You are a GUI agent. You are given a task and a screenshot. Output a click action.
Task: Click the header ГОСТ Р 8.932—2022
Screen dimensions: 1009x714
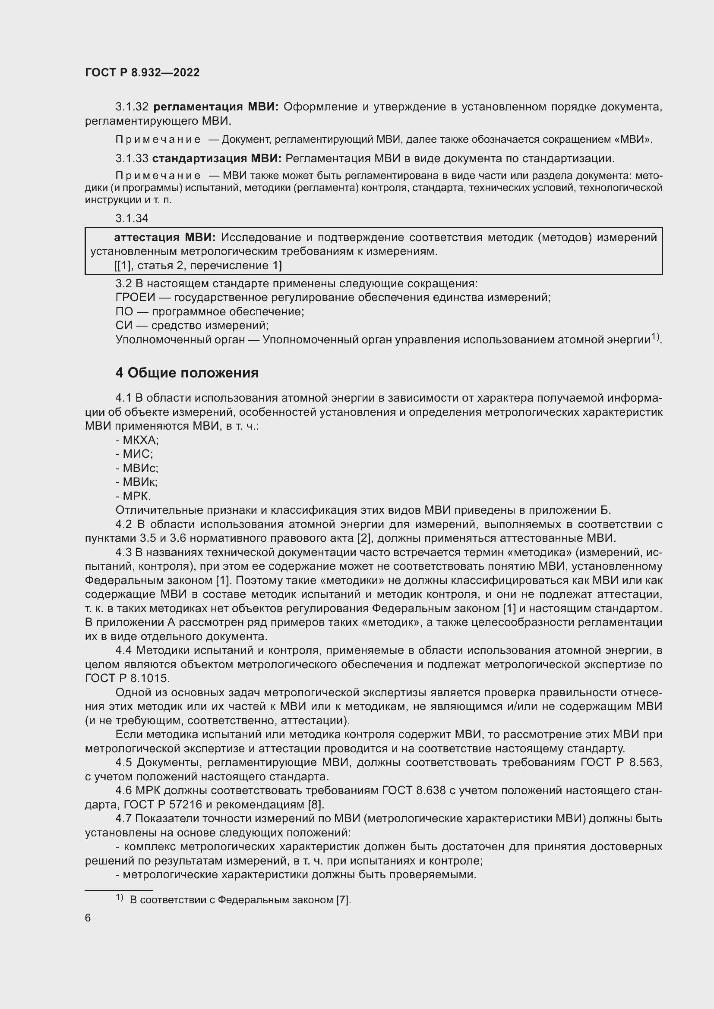(x=142, y=72)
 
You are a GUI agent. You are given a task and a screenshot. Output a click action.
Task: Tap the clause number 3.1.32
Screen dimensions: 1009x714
(x=132, y=107)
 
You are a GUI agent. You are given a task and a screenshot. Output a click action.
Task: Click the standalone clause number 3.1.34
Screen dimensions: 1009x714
(x=132, y=218)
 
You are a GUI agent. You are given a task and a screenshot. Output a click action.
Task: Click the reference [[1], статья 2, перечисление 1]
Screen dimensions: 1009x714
(x=198, y=265)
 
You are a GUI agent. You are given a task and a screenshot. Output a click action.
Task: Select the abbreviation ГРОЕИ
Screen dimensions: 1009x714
(x=136, y=298)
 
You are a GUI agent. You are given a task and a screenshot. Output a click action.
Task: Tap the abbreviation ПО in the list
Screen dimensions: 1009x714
(x=124, y=311)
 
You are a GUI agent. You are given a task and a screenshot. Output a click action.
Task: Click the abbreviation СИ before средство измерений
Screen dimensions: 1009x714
(x=124, y=326)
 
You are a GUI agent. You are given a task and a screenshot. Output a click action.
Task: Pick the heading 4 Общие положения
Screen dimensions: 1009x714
(x=187, y=373)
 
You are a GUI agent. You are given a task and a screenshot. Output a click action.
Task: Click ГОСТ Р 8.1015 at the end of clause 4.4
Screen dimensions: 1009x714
(x=127, y=679)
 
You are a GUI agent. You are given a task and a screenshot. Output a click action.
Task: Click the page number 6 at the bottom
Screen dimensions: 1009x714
(x=88, y=918)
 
